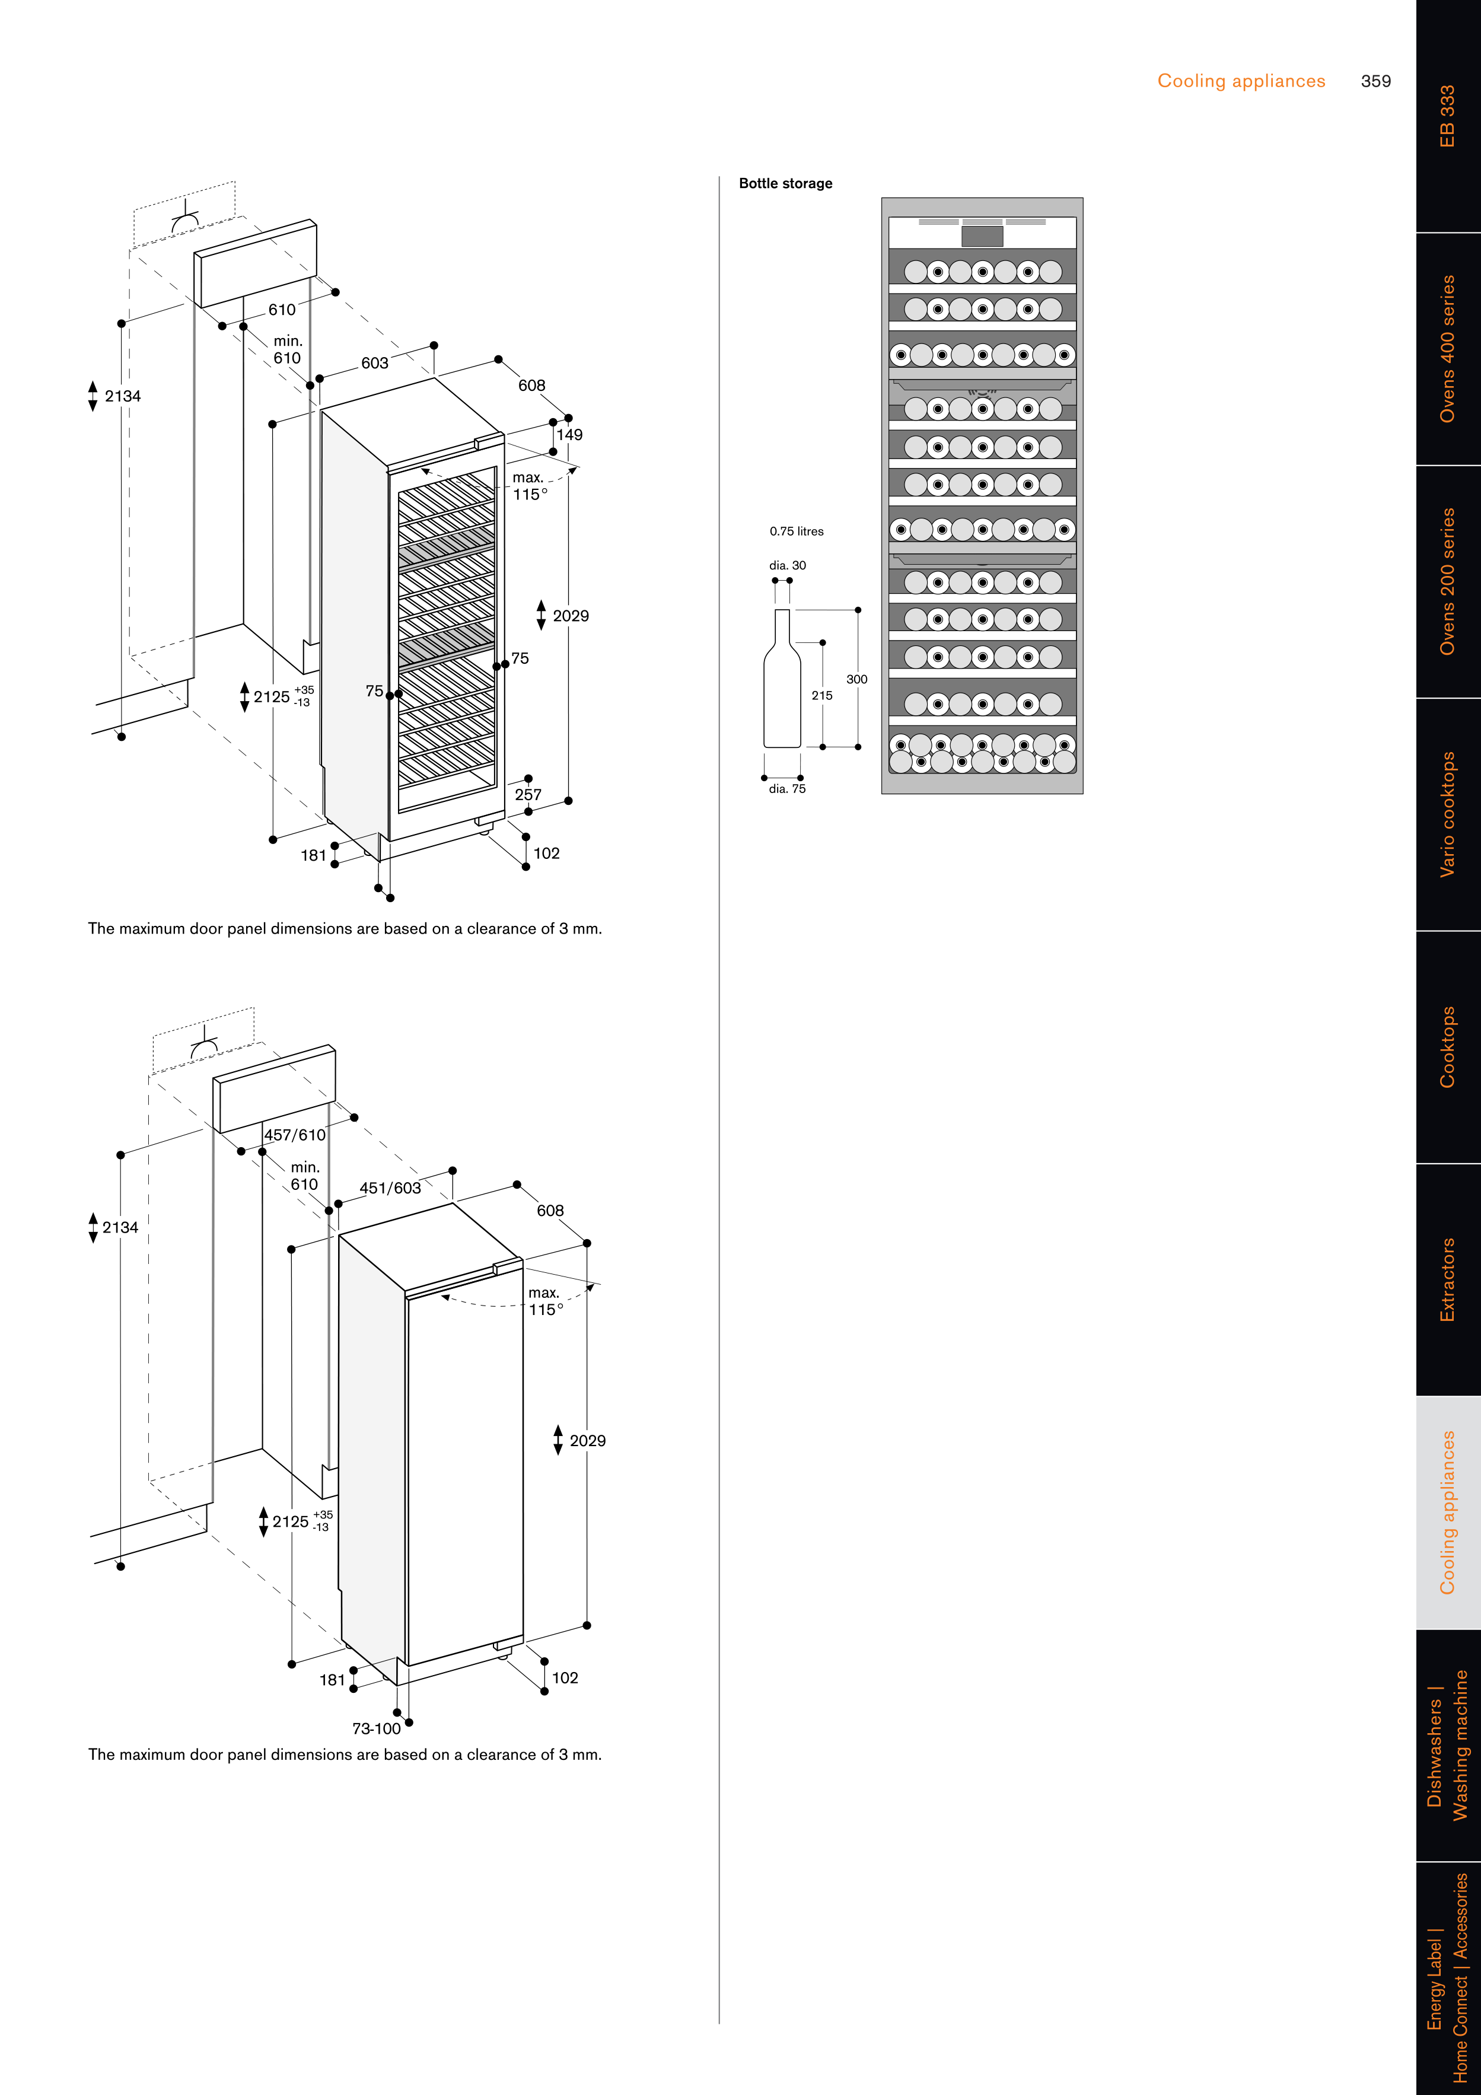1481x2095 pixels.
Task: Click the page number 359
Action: point(1375,81)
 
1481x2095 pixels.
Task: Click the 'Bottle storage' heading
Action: point(785,183)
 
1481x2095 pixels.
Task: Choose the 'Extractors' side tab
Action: point(1447,1279)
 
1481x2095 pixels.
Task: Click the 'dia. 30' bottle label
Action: point(786,566)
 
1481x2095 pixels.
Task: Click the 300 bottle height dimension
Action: point(856,680)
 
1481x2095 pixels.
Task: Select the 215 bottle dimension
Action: point(821,695)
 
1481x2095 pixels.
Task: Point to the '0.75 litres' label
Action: point(796,531)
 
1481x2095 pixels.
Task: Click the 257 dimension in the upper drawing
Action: point(527,795)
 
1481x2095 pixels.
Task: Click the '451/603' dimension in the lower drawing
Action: point(390,1188)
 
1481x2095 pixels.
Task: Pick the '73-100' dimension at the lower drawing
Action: point(376,1728)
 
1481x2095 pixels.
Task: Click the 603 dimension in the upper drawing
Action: point(374,363)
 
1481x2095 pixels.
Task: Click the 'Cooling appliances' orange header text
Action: point(1241,81)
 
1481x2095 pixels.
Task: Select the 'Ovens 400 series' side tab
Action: point(1447,349)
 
